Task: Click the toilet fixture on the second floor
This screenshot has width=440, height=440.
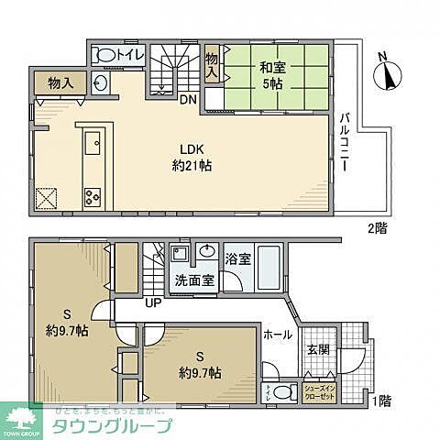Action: coord(105,55)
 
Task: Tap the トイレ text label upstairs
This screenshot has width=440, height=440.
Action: coord(129,55)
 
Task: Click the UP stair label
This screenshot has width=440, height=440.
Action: coord(151,303)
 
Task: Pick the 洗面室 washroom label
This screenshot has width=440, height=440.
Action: coord(196,280)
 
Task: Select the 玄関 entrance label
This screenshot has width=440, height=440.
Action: coord(317,350)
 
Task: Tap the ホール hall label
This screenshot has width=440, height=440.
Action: coord(279,336)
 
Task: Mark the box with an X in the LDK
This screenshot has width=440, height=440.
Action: coord(48,196)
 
